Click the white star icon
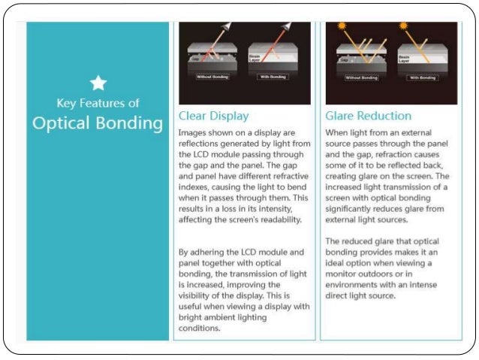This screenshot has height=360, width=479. [x=98, y=83]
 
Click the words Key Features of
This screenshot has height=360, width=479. [x=98, y=103]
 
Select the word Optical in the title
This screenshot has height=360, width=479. [x=62, y=123]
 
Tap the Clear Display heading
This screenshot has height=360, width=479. [x=213, y=116]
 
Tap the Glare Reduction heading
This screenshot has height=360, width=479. [x=368, y=116]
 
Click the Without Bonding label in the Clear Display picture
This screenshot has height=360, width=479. [x=212, y=77]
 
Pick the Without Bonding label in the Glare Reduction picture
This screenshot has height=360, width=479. [x=361, y=77]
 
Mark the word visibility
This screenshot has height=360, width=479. [x=198, y=295]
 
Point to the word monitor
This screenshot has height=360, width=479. [x=344, y=274]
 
